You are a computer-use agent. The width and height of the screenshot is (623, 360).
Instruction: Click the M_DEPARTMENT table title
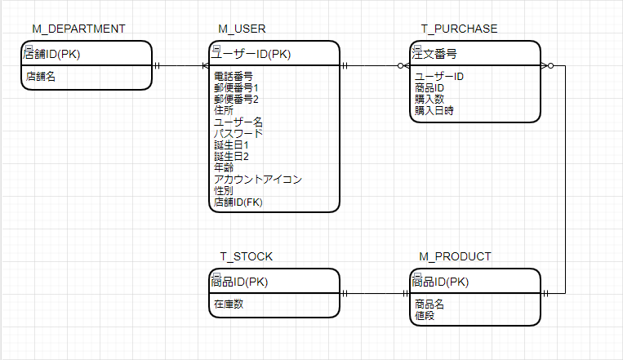coord(78,29)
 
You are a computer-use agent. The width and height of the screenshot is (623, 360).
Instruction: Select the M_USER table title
coord(242,29)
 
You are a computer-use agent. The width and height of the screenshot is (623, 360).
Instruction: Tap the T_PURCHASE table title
coord(459,29)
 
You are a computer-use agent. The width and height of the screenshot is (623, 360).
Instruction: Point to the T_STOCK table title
coord(246,256)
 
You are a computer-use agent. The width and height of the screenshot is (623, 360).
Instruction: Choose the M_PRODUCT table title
coord(455,256)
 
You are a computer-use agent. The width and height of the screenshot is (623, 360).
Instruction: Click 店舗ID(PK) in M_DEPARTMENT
coord(58,55)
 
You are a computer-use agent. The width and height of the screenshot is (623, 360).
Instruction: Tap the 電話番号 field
coord(233,77)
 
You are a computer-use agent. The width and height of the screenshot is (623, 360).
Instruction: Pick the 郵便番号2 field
coord(236,100)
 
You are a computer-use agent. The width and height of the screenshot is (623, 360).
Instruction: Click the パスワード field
coord(238,133)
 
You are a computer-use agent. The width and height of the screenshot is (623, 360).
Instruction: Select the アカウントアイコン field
coord(258,179)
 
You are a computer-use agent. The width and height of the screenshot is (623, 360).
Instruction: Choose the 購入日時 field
coord(434,110)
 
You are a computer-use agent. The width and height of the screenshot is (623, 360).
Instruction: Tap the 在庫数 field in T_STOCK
coord(229,304)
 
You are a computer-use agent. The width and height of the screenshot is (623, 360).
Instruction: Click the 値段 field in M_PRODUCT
coord(425,315)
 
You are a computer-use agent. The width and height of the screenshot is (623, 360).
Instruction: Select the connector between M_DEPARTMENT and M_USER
coord(179,65)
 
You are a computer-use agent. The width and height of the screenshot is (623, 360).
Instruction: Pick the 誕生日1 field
coord(231,144)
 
